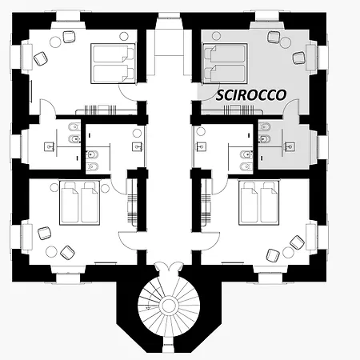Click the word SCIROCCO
[x=251, y=95]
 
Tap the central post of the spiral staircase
[x=168, y=306]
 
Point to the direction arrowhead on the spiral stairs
[x=147, y=308]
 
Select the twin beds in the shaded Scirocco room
[x=225, y=63]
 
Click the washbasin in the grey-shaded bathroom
[x=290, y=146]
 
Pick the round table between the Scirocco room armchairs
[x=285, y=42]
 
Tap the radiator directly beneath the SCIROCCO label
[x=239, y=110]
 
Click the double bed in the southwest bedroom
[x=79, y=203]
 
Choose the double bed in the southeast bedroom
[x=259, y=203]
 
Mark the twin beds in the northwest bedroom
[x=113, y=63]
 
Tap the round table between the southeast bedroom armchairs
[x=288, y=252]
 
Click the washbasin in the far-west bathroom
[x=49, y=146]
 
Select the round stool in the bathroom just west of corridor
[x=137, y=133]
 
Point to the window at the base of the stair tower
[x=168, y=347]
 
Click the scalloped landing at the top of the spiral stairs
[x=168, y=266]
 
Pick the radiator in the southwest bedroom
[x=132, y=202]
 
